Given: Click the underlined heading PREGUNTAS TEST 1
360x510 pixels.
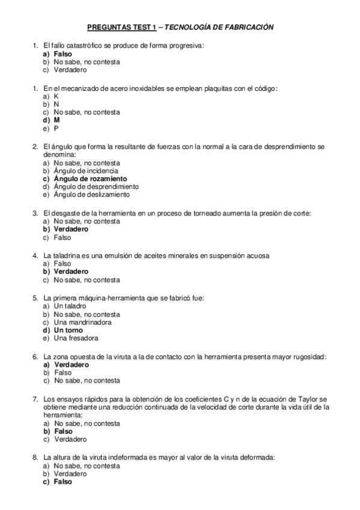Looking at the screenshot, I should point(121,27).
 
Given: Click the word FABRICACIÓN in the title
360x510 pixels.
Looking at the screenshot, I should point(246,27).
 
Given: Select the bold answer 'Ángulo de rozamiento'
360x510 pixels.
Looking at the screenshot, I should point(90,179).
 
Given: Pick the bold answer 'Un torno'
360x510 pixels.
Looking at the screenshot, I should point(69,330).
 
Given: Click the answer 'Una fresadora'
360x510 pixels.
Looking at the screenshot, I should point(76,338).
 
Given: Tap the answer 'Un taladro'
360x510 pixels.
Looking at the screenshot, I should point(71,306).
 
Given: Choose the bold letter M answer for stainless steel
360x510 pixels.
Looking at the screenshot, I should point(56,120).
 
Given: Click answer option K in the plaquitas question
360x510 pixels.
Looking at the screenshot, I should point(56,96).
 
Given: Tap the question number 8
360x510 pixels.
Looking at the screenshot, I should point(35,457).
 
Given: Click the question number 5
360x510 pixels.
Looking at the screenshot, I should point(35,298).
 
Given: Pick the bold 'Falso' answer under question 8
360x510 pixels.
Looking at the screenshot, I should point(63,482).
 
